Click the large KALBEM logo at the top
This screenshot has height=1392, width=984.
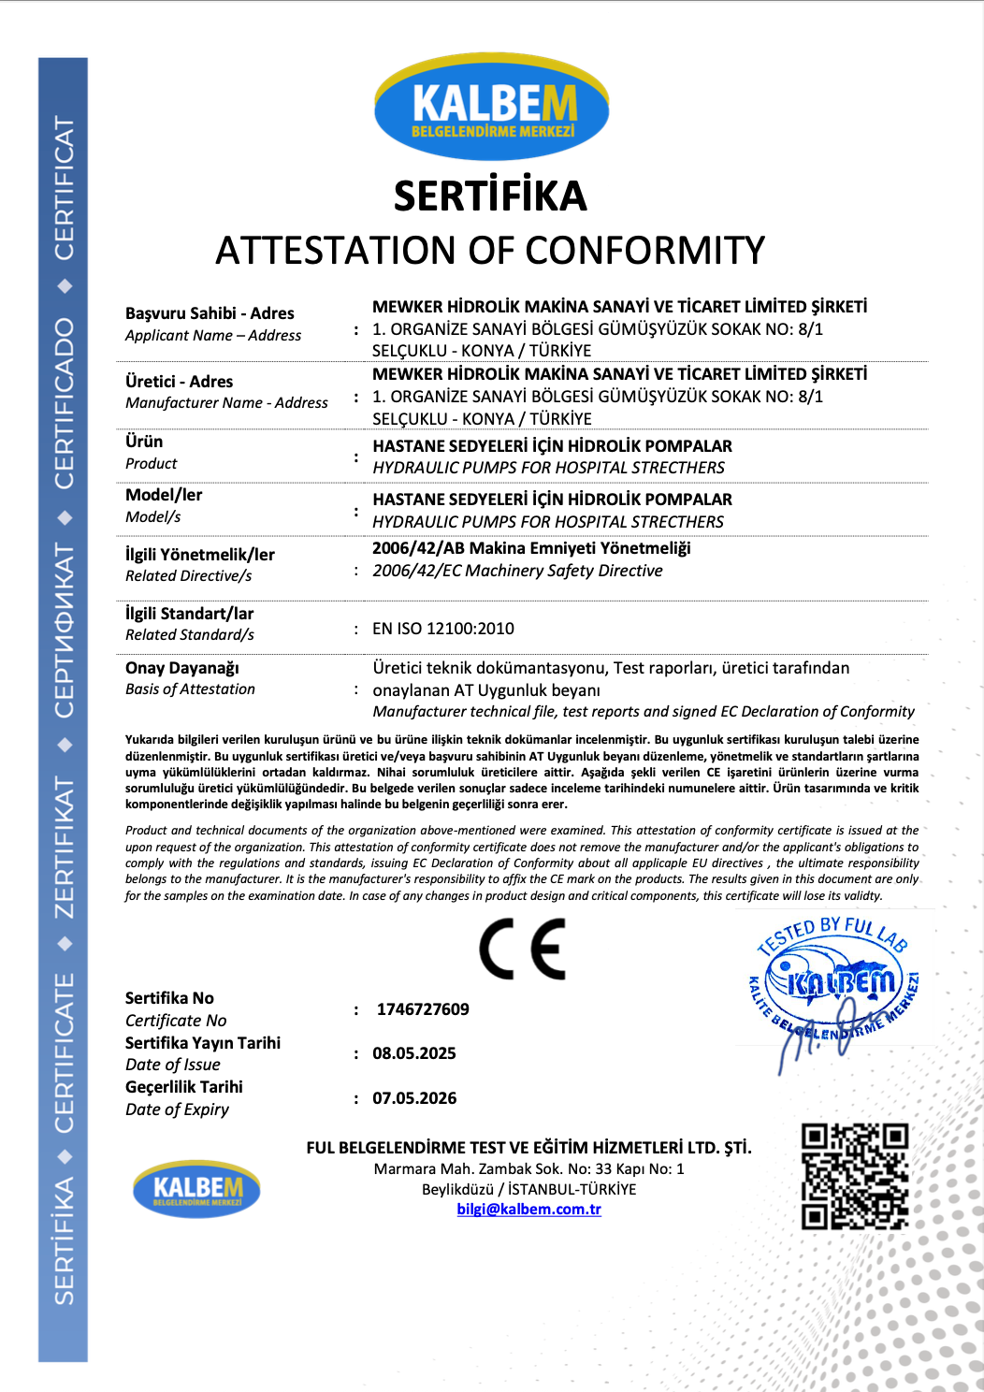coord(491,108)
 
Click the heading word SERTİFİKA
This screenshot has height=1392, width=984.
coord(490,196)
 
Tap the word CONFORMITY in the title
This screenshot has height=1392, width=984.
coord(644,251)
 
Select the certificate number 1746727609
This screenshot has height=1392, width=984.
coord(423,1009)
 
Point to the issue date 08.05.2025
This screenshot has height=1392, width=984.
coord(414,1053)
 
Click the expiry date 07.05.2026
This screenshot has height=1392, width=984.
coord(414,1098)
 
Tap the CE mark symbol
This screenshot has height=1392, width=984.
coord(523,950)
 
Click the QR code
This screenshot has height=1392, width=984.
coord(855,1176)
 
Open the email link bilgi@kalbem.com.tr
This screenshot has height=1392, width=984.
coord(528,1210)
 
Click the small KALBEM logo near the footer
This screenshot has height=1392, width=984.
coord(196,1189)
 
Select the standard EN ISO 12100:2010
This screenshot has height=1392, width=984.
coord(443,629)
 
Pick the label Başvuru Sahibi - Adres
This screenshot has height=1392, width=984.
coord(210,313)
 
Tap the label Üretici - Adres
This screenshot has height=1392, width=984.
coord(180,382)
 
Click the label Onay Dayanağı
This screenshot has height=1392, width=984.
coord(182,668)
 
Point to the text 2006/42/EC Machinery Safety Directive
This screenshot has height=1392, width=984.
coord(517,571)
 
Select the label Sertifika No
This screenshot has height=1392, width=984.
coord(169,998)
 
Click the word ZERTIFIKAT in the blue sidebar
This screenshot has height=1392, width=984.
coord(64,848)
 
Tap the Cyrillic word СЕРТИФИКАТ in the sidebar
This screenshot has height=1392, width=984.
coord(64,631)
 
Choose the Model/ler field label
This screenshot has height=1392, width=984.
coord(164,495)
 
